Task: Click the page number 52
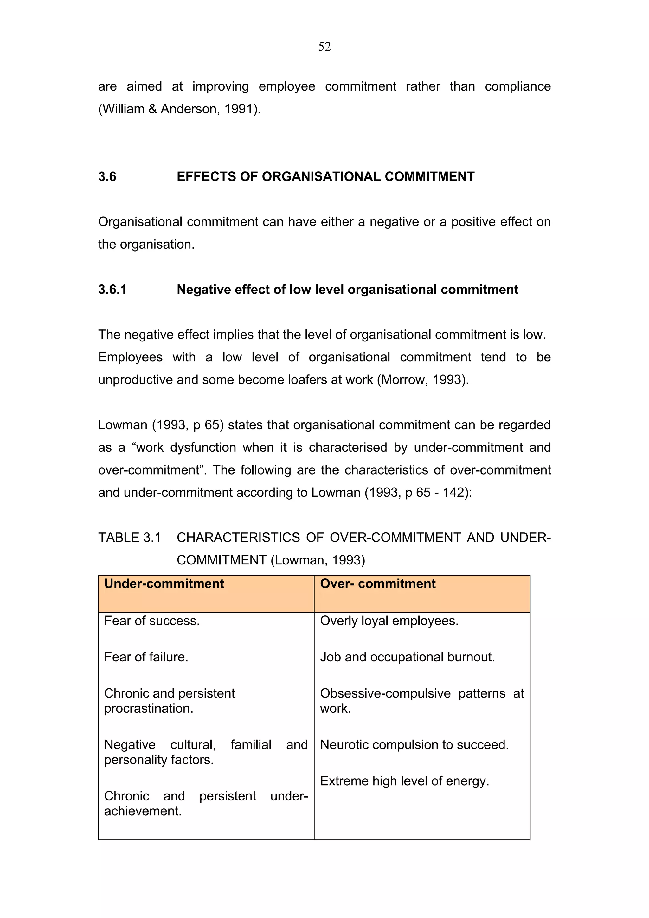pyautogui.click(x=324, y=47)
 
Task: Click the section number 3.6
pyautogui.click(x=107, y=176)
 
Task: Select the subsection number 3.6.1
pyautogui.click(x=112, y=289)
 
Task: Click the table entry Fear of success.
pyautogui.click(x=152, y=621)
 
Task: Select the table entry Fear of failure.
pyautogui.click(x=146, y=657)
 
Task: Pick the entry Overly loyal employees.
pyautogui.click(x=389, y=621)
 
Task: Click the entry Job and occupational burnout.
pyautogui.click(x=408, y=657)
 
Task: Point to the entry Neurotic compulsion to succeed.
pyautogui.click(x=414, y=744)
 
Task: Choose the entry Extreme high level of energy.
pyautogui.click(x=405, y=781)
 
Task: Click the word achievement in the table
pyautogui.click(x=142, y=811)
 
